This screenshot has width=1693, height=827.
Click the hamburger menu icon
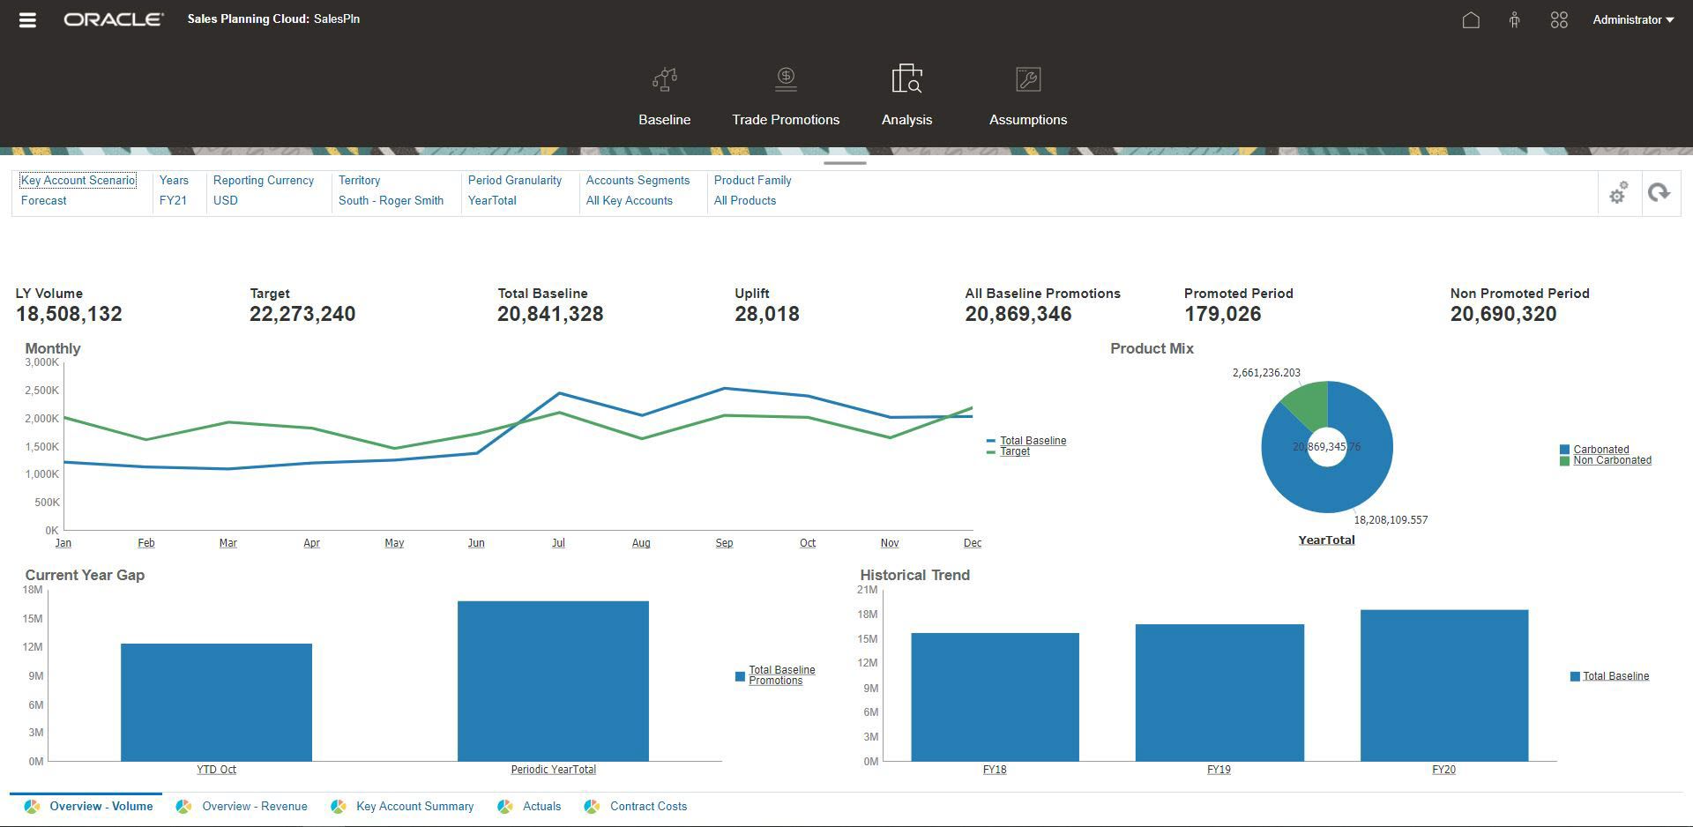click(x=27, y=19)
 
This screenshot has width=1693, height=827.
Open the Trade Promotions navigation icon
click(x=786, y=80)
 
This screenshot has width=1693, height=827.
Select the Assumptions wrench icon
click(x=1028, y=80)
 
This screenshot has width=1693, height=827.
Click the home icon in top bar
click(x=1470, y=19)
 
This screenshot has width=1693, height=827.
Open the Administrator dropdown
click(x=1632, y=19)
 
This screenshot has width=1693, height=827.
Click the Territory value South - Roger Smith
click(x=391, y=200)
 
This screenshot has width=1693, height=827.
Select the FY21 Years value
click(x=173, y=200)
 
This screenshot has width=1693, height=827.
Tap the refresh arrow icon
click(x=1659, y=193)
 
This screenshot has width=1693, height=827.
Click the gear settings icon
click(x=1618, y=193)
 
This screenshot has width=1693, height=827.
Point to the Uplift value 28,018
click(x=766, y=314)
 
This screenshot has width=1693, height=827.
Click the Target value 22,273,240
click(x=302, y=314)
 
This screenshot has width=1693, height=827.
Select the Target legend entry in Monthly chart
click(x=1014, y=451)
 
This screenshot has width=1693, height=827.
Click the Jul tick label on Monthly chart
click(x=558, y=543)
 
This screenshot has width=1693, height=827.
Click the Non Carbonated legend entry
click(x=1611, y=460)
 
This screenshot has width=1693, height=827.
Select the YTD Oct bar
click(x=216, y=702)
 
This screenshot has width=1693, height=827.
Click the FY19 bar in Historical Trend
click(x=1219, y=692)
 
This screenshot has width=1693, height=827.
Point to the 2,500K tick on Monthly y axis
click(x=41, y=391)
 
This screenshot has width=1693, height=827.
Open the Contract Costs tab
click(x=647, y=806)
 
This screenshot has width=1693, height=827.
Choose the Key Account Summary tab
click(x=414, y=806)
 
